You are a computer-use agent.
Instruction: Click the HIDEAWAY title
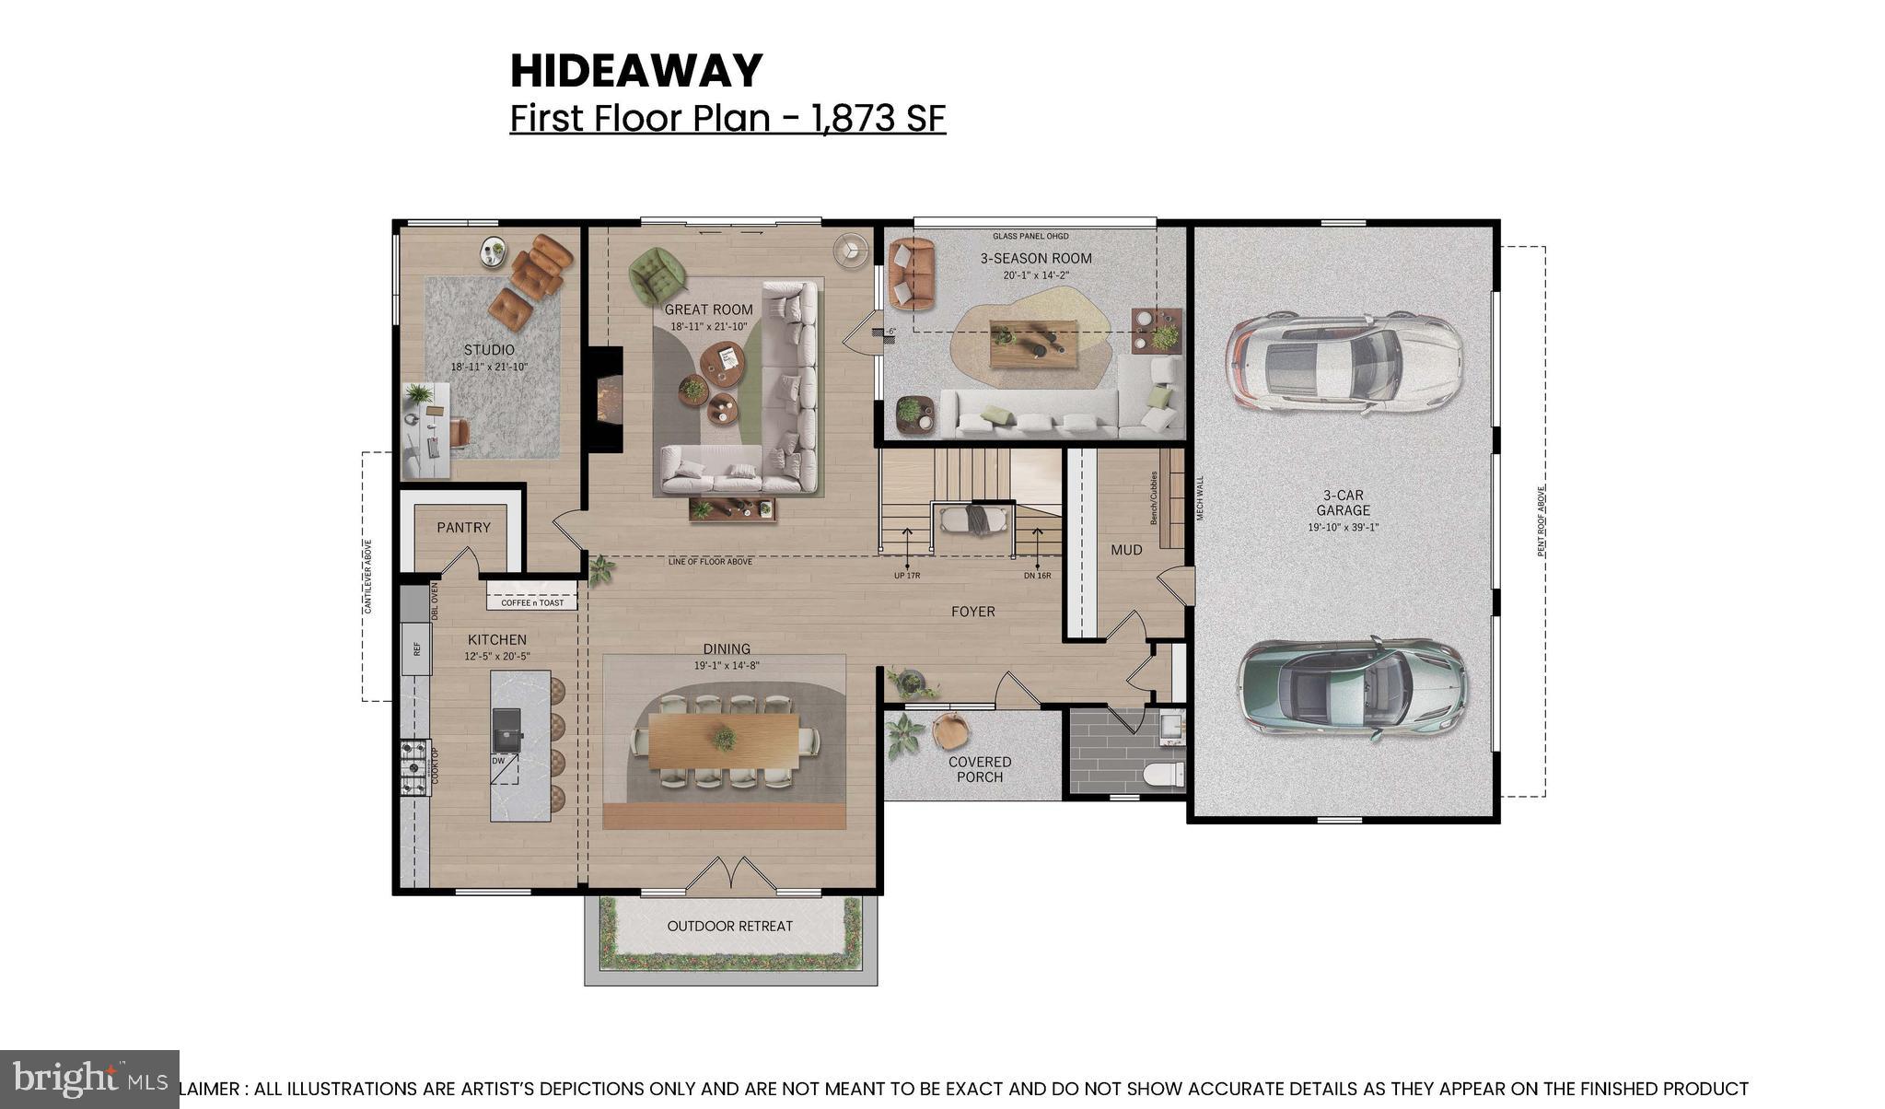[636, 72]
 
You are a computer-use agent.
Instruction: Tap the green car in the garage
[1351, 689]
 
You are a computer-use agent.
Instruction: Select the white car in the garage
[1344, 359]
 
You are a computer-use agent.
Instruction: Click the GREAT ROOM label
[708, 309]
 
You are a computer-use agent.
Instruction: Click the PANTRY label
[463, 528]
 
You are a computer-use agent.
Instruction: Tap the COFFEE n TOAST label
[532, 603]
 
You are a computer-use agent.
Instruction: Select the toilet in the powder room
[1167, 773]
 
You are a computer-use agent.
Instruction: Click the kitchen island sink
[506, 729]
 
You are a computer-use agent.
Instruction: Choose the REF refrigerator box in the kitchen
[417, 648]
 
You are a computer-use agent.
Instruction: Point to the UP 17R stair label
[906, 576]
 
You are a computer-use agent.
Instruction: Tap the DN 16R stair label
[1037, 576]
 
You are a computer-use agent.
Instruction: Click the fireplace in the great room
[606, 397]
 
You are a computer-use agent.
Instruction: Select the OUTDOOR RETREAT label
[729, 927]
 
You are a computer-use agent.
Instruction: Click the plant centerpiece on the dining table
[724, 738]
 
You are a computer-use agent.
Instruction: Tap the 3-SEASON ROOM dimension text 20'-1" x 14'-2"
[1036, 275]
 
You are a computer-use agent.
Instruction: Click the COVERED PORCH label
[980, 769]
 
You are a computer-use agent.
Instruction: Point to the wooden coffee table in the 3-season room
[1032, 344]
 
